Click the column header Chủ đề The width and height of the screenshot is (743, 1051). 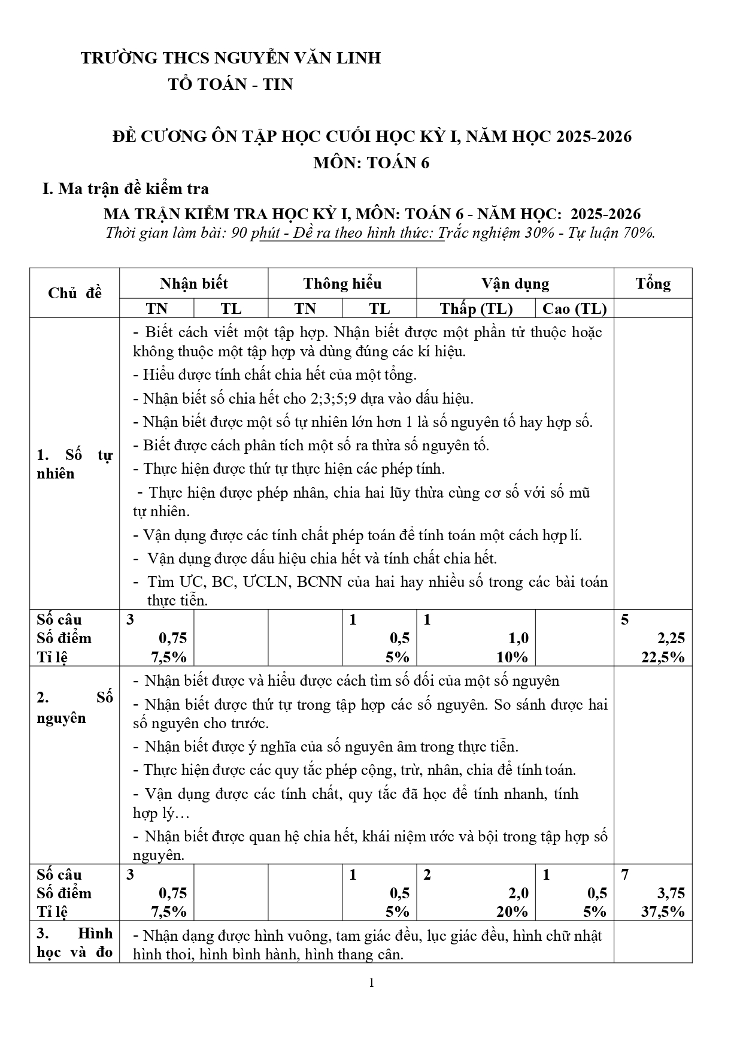click(x=74, y=293)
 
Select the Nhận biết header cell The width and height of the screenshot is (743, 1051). click(x=193, y=284)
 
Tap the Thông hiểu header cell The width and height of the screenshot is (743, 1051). click(x=342, y=284)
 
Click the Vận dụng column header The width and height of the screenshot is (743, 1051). click(x=515, y=284)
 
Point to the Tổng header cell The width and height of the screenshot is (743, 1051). click(x=653, y=284)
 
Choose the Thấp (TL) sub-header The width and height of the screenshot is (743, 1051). click(x=476, y=308)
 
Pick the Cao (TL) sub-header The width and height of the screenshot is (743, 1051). click(x=574, y=308)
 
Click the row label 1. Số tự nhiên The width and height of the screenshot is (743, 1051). click(x=74, y=464)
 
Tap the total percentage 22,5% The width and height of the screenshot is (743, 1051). click(x=663, y=657)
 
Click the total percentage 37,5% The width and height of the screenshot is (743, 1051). click(x=663, y=911)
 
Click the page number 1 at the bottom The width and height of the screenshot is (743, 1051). click(x=372, y=983)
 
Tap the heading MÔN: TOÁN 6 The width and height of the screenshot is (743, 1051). click(x=371, y=163)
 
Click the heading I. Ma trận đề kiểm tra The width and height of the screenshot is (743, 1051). click(x=125, y=189)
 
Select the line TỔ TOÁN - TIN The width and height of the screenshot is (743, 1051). click(x=230, y=84)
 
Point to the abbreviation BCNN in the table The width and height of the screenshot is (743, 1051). click(x=319, y=582)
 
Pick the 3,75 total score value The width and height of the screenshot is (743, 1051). click(x=671, y=893)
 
